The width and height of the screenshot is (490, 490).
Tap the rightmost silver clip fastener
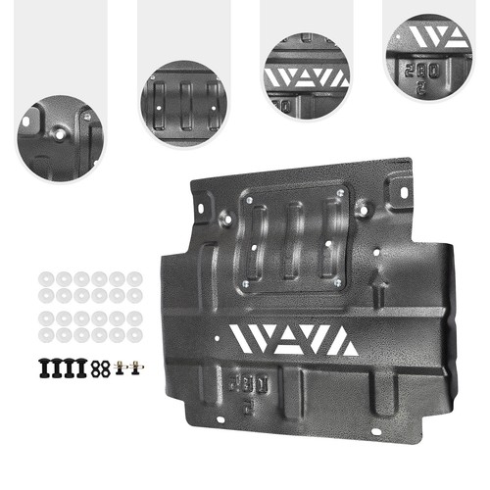pyautogui.click(x=134, y=369)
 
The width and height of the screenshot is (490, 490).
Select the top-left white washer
pyautogui.click(x=44, y=278)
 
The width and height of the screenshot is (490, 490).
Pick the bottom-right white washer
pyautogui.click(x=133, y=335)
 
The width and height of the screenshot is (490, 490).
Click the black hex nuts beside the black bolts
pyautogui.click(x=99, y=369)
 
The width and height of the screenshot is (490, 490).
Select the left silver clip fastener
pyautogui.click(x=119, y=369)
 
